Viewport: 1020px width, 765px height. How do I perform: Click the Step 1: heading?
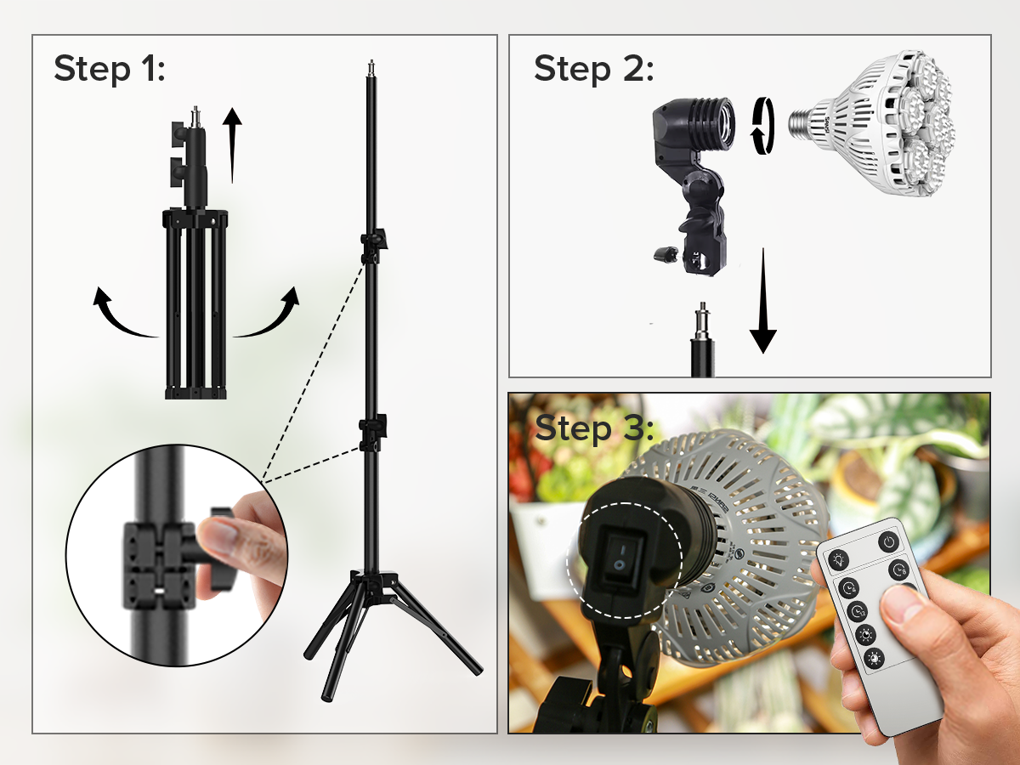[109, 69]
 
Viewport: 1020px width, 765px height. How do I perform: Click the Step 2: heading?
[594, 69]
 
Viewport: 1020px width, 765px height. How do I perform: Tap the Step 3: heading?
[594, 428]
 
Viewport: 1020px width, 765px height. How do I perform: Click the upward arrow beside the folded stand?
[232, 144]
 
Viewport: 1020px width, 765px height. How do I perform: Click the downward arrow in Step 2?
[762, 301]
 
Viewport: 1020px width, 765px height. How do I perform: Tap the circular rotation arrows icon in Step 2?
[762, 126]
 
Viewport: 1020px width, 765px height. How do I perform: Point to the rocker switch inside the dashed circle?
[623, 558]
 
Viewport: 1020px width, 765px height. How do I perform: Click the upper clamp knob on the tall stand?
[380, 238]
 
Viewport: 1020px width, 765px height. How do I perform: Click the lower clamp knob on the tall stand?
[379, 424]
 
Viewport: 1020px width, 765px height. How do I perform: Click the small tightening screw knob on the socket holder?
[663, 254]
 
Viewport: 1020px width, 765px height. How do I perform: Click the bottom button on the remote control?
[875, 658]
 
